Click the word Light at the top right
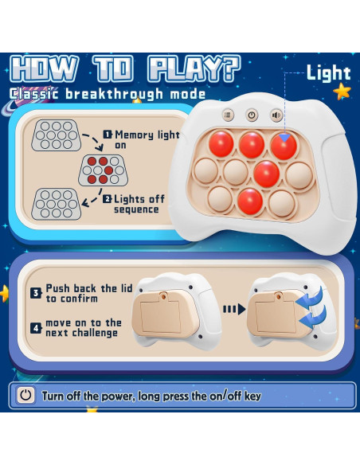coord(329,73)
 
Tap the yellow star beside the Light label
coord(342,92)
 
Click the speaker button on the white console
coord(276,115)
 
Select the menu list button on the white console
coord(227,115)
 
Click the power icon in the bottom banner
coord(27,395)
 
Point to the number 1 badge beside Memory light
coord(107,135)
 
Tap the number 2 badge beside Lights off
coord(107,200)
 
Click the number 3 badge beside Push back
coord(36,292)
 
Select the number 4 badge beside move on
coord(36,326)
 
